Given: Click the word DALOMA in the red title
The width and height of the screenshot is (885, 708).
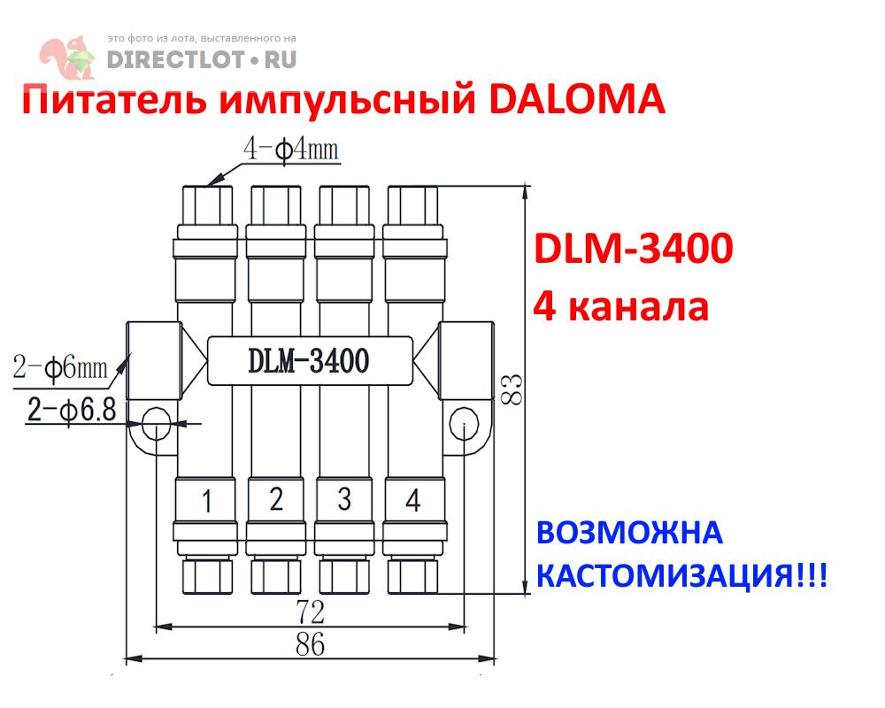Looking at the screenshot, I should click(576, 100).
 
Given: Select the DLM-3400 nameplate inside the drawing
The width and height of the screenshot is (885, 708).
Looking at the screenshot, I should click(309, 360).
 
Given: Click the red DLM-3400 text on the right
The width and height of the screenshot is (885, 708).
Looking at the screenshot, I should click(632, 250).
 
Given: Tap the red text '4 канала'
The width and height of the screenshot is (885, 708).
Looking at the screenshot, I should click(620, 307).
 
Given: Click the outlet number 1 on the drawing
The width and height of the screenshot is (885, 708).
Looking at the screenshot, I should click(206, 502).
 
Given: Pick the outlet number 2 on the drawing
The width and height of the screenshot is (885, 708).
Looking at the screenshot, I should click(275, 500).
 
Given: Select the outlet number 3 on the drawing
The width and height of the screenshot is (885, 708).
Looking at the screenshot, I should click(344, 500).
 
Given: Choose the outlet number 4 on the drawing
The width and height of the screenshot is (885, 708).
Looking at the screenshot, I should click(412, 501).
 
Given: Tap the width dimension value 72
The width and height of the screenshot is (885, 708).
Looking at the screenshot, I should click(310, 611).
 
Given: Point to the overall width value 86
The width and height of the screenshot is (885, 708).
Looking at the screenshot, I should click(310, 643).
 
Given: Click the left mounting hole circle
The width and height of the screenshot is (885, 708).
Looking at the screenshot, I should click(156, 423).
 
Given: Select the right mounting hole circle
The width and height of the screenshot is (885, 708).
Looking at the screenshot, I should click(465, 423).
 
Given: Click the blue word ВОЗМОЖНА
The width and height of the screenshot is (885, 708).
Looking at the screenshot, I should click(630, 534).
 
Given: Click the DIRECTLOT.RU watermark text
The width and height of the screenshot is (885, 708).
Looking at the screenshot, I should click(201, 59).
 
